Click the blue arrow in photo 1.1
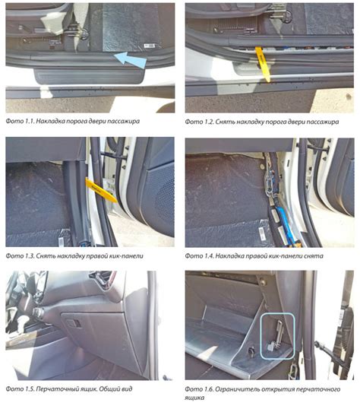pos(130,60)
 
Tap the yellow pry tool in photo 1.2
pos(263,64)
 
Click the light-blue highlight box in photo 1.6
pos(277,336)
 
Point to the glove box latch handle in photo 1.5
pos(74,323)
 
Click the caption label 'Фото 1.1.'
pos(20,121)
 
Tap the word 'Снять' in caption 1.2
pos(225,122)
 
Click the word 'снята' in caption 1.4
pos(313,255)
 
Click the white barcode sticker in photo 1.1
pos(150,46)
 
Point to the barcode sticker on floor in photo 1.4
pos(263,234)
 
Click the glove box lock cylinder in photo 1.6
pos(251,350)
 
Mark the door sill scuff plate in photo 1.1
pos(89,76)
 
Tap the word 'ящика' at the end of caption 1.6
pos(194,398)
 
